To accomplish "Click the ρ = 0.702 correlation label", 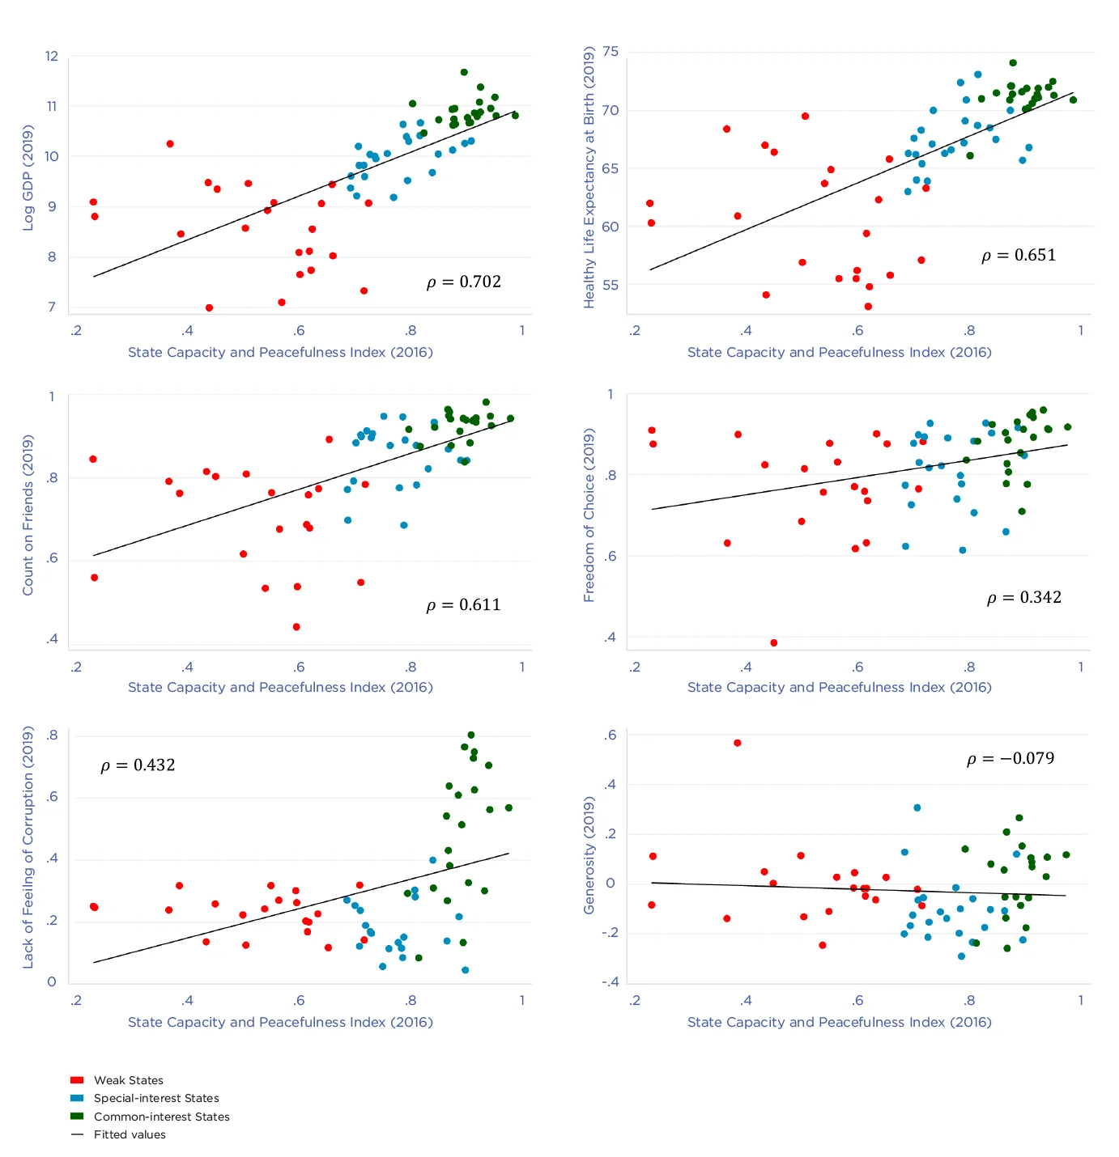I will [463, 282].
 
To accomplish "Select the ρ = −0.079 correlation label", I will [1011, 759].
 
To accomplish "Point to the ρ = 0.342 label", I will [1023, 598].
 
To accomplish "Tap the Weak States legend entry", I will [128, 1080].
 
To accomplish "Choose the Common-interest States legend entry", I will [161, 1117].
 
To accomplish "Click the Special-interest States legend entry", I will [156, 1098].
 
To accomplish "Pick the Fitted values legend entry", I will [130, 1134].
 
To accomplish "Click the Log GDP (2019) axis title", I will [28, 178].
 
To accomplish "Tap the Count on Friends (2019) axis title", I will [28, 515].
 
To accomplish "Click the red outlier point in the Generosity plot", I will [738, 743].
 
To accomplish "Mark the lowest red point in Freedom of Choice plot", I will [774, 643].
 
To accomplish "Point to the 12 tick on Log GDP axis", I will [52, 56].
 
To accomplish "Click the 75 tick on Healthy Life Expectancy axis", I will [611, 52].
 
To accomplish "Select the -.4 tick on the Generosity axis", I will [610, 982].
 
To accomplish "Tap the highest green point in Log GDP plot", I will [464, 72].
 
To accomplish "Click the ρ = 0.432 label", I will [138, 765].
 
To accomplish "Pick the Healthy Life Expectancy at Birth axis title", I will [589, 176].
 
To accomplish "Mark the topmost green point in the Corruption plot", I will [471, 735].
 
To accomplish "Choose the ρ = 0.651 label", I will [1018, 256].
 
